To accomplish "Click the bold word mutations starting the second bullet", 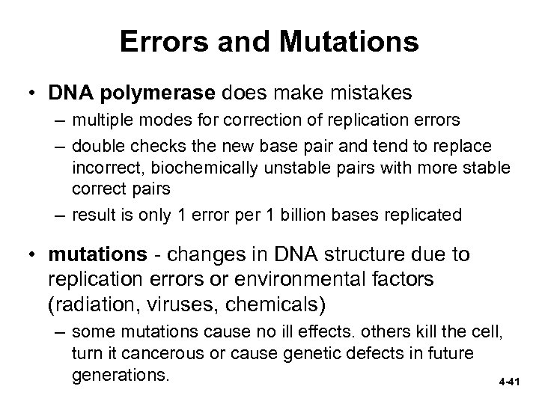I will click(97, 255).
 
